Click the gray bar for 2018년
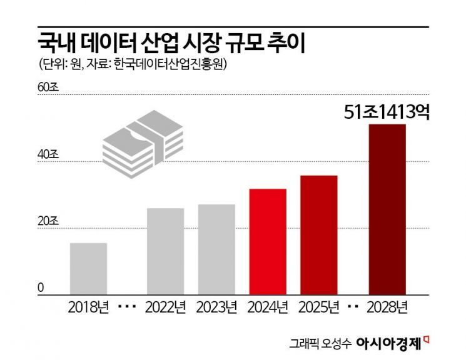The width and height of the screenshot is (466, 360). [x=88, y=268]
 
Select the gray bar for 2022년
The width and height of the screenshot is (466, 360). [x=165, y=251]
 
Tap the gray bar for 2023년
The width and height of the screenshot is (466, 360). [x=216, y=249]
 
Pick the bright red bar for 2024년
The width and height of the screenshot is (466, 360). [x=268, y=241]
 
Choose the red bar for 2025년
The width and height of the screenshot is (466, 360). [x=319, y=234]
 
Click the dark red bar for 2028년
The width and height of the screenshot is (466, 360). [x=387, y=209]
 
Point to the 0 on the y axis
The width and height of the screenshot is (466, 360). [x=41, y=287]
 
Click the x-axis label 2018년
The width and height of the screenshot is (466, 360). [x=88, y=307]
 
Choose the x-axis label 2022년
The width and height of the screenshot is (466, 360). [x=165, y=307]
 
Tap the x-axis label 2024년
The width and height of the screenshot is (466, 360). [x=268, y=307]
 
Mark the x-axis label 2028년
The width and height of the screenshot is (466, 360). [x=387, y=307]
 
